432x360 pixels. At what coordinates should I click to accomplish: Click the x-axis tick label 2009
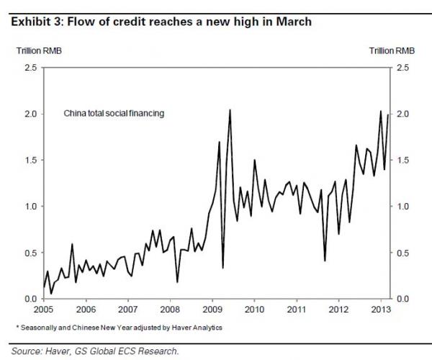[x=212, y=310]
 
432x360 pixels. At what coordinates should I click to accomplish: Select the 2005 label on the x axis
[x=44, y=310]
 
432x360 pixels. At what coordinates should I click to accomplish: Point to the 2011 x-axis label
[x=296, y=310]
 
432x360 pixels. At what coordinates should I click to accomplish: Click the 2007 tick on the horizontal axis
[x=128, y=310]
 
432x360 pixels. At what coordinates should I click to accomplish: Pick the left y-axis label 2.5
[x=30, y=68]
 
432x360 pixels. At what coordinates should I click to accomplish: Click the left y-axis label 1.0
[x=30, y=206]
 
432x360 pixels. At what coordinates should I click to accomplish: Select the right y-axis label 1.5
[x=402, y=160]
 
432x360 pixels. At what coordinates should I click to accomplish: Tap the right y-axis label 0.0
[x=402, y=298]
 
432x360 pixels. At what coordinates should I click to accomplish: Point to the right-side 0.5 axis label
[x=402, y=252]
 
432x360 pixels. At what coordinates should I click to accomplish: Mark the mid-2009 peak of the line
[x=230, y=109]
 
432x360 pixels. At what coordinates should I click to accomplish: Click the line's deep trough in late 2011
[x=325, y=260]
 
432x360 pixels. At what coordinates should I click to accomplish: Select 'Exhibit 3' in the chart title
[x=35, y=22]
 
